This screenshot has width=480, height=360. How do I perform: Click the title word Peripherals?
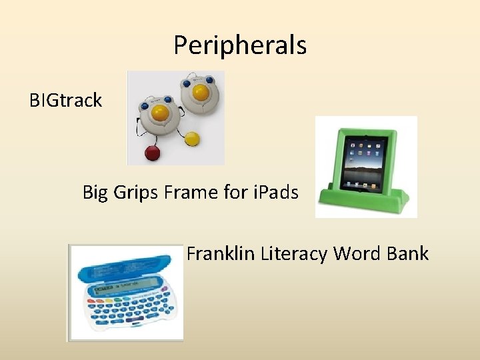(x=240, y=45)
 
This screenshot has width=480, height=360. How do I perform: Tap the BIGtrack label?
(x=65, y=101)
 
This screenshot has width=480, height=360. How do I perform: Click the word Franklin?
(x=221, y=254)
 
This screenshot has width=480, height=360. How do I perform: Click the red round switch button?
(x=153, y=153)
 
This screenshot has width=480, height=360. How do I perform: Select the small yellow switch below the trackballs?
(x=192, y=139)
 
